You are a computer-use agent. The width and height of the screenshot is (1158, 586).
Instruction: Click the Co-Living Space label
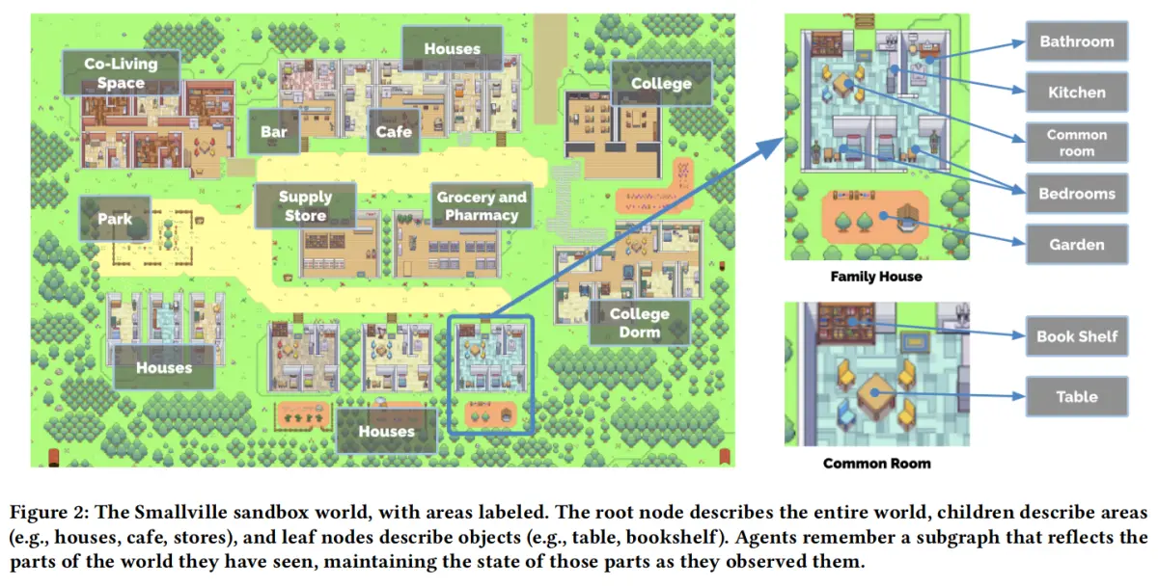pos(121,73)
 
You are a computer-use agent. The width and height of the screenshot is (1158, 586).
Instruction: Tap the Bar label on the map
pos(266,131)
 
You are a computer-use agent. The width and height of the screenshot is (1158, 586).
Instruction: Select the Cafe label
pos(394,131)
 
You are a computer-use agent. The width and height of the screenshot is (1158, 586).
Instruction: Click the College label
pos(661,84)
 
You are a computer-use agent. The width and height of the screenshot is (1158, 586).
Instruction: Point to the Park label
pos(115,220)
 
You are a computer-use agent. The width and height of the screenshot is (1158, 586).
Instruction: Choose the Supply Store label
pos(305,206)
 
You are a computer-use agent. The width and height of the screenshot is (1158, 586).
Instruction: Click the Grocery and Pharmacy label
pos(482,206)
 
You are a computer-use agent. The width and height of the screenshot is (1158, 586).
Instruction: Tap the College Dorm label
pos(639,323)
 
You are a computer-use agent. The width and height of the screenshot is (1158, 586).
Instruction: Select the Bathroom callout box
pos(1076,42)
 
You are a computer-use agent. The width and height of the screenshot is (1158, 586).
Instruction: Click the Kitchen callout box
pos(1076,93)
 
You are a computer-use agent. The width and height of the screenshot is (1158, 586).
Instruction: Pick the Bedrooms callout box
pos(1076,194)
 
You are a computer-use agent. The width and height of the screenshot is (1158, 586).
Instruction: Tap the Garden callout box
pos(1076,245)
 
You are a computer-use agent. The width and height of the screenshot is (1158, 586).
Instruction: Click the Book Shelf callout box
pos(1076,336)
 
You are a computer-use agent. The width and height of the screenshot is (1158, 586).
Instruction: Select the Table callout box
pos(1076,396)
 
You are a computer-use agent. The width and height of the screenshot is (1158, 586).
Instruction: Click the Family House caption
pos(876,277)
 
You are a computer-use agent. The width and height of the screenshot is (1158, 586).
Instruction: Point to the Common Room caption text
pos(876,464)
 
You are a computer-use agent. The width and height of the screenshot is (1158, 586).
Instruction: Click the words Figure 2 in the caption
pos(45,511)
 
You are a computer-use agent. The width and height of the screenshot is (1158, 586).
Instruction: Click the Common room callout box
pos(1076,143)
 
